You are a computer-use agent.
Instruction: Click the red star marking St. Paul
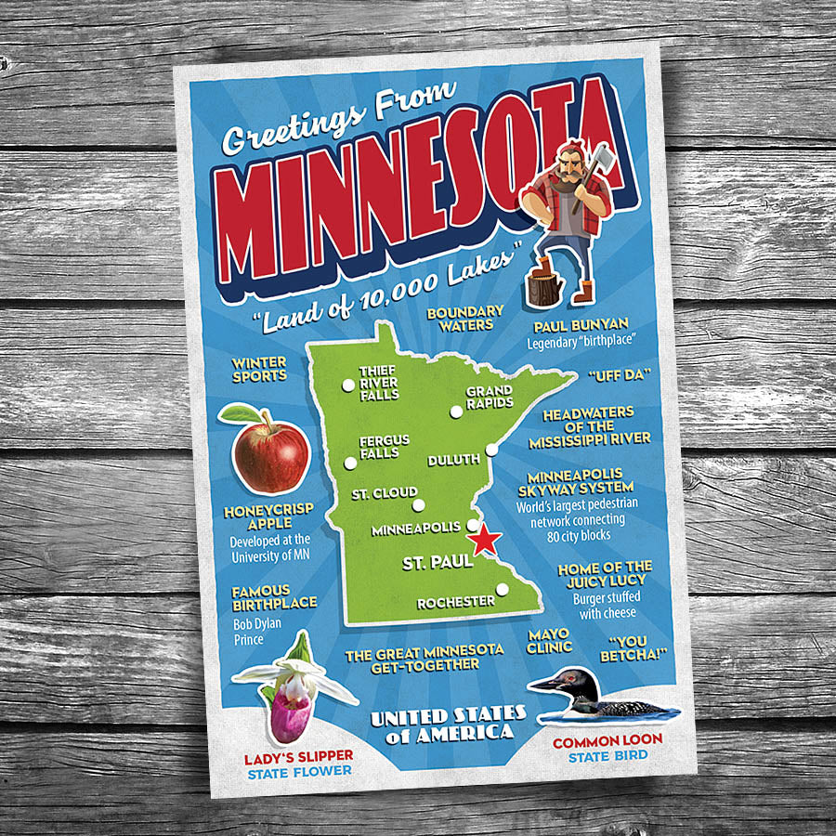coord(484,540)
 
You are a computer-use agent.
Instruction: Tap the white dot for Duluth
coord(491,450)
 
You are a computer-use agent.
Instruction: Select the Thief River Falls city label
coord(379,383)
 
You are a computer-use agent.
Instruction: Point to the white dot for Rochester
coord(502,589)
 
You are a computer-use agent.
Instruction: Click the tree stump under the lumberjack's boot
coord(540,284)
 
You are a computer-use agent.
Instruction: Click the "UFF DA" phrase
coord(620,376)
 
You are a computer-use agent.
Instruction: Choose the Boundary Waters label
coord(465,319)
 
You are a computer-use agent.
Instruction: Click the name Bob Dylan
coord(256,623)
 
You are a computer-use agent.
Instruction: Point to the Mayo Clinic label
coord(549,641)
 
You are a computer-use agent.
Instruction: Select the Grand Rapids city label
coord(489,398)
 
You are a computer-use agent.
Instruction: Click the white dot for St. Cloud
coord(418,507)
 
